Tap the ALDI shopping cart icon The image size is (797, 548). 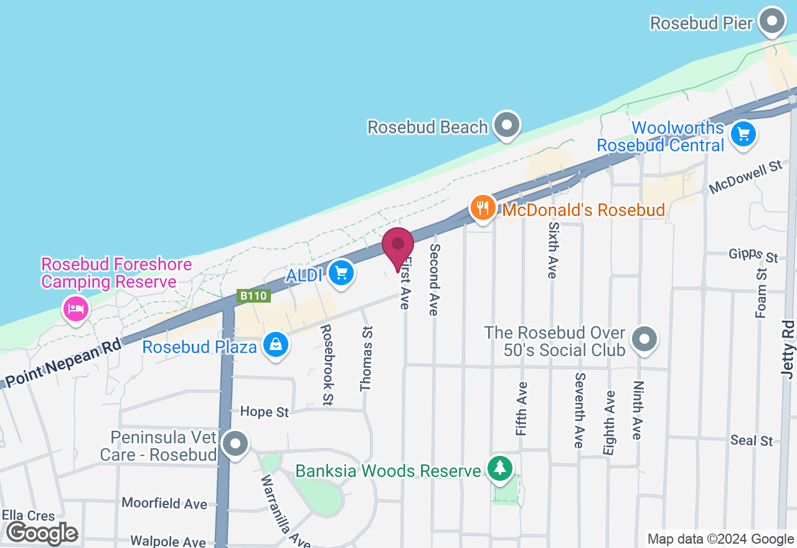[341, 272]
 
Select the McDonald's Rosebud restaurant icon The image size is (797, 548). [483, 207]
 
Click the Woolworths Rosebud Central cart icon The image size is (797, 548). [742, 135]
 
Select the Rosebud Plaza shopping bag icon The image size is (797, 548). [275, 344]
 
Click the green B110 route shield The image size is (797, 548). [253, 296]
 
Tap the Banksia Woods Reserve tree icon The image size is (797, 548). [499, 468]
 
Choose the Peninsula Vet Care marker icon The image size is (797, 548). [235, 445]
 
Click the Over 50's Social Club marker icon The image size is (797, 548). [644, 340]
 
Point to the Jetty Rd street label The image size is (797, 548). [788, 351]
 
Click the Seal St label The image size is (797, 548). [752, 440]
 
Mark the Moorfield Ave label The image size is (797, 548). [164, 503]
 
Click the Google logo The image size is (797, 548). [42, 534]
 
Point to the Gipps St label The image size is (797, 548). [753, 255]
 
